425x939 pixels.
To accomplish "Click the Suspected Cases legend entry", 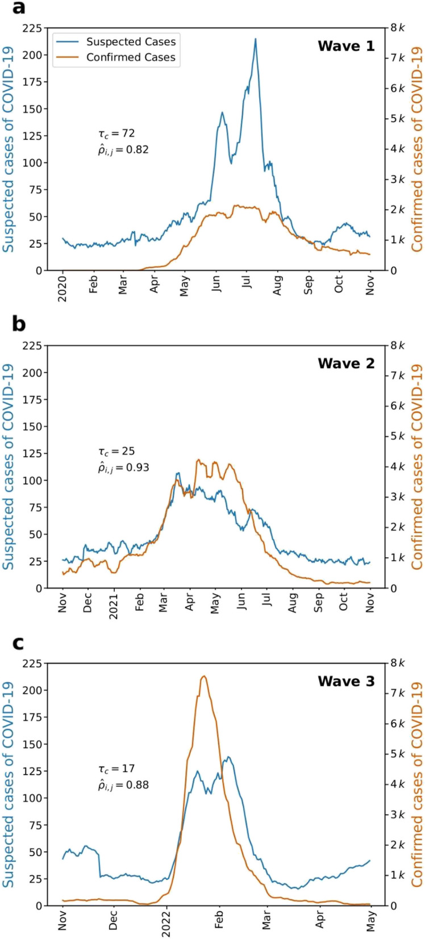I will pyautogui.click(x=131, y=41).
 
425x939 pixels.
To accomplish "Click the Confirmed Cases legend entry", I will pyautogui.click(x=131, y=57).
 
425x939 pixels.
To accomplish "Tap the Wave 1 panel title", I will pyautogui.click(x=346, y=46).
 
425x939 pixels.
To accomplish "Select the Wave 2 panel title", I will pyautogui.click(x=346, y=363).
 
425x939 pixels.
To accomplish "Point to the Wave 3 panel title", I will pyautogui.click(x=346, y=681).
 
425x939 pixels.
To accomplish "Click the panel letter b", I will pyautogui.click(x=19, y=324).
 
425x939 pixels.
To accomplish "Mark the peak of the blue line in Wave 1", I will pyautogui.click(x=256, y=39).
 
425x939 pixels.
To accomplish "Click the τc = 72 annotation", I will pyautogui.click(x=116, y=133).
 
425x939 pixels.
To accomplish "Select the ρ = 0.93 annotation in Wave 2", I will pyautogui.click(x=124, y=469).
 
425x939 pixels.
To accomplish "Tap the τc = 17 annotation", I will pyautogui.click(x=116, y=769).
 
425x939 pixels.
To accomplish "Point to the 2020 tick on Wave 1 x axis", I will pyautogui.click(x=62, y=289).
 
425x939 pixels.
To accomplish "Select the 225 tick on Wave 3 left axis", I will pyautogui.click(x=32, y=663).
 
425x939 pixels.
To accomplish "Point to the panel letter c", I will pyautogui.click(x=18, y=642).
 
